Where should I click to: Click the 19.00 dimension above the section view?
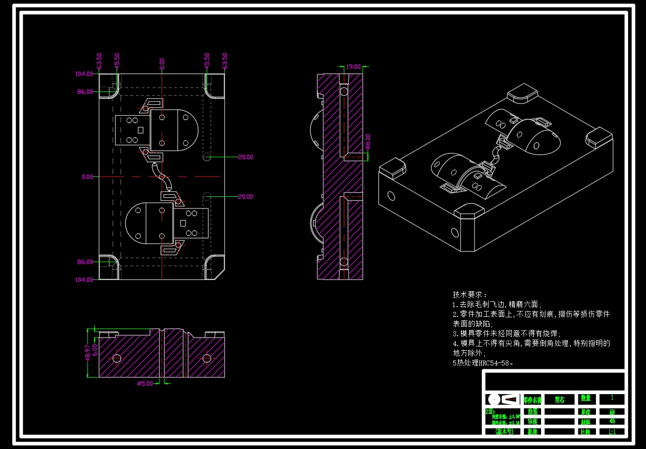click(x=353, y=67)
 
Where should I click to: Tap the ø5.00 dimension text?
click(x=145, y=383)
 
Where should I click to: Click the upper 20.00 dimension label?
click(x=245, y=157)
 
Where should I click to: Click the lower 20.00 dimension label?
click(x=245, y=197)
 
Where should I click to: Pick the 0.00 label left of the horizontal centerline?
click(x=87, y=177)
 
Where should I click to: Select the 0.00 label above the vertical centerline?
click(x=162, y=63)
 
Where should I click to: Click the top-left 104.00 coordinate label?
click(x=84, y=74)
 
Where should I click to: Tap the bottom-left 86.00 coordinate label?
click(x=85, y=262)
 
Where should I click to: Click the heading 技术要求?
click(x=469, y=294)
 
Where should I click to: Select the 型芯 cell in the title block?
click(x=560, y=399)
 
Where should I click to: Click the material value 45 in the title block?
click(x=612, y=421)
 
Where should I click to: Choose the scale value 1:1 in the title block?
click(x=612, y=432)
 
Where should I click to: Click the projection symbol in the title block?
click(x=504, y=399)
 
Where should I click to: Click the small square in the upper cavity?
click(x=140, y=130)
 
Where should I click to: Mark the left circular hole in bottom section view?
click(x=117, y=359)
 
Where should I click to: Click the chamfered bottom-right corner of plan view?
click(x=220, y=274)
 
